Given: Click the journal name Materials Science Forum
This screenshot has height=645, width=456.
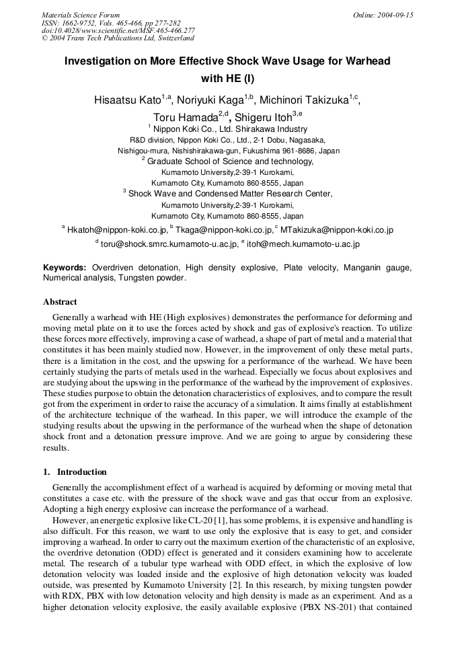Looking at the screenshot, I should coord(81,15).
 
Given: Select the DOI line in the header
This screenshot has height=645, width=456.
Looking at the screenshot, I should coord(118,30).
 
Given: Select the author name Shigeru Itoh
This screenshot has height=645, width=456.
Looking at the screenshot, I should coord(262,118).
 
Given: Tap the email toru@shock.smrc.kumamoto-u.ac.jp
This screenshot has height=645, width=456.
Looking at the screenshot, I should coord(169,245).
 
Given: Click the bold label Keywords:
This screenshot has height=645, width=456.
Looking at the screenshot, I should coord(65,268).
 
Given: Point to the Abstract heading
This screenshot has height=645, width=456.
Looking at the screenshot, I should coord(60,302).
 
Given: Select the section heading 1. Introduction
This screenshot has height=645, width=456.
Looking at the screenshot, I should coord(75,472).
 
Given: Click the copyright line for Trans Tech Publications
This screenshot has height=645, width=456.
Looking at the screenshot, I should coord(118,38).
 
